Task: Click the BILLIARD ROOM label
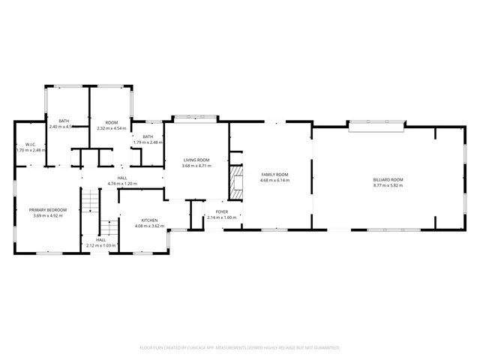388,179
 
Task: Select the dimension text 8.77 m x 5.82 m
388,185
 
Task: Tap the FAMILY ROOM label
274,174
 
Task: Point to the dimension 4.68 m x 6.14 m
274,180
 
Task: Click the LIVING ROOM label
196,159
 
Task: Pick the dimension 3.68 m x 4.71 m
196,165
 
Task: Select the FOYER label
221,211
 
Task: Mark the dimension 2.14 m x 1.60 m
221,217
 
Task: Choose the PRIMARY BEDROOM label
48,209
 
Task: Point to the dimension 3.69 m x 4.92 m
48,215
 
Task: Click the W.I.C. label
31,144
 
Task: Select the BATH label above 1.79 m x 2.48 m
148,136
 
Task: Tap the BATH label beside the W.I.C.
64,121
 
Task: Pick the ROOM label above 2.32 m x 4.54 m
111,122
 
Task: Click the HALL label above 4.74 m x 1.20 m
121,178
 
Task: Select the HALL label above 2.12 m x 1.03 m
100,239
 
